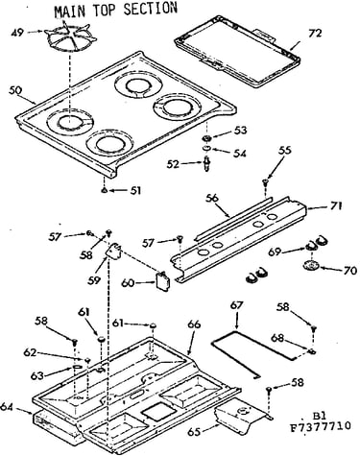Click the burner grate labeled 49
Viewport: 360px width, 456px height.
70,38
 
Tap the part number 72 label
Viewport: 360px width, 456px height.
315,34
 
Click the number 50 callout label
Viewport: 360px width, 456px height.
15,90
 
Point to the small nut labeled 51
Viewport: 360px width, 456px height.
105,191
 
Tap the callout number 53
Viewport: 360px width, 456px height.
240,131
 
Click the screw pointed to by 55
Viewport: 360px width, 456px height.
265,183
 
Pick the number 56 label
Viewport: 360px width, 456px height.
212,199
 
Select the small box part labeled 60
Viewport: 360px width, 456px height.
162,281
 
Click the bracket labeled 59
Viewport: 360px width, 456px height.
113,250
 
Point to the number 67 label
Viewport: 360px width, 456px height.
237,305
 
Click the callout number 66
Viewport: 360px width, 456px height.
194,324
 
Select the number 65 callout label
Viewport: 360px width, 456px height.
194,432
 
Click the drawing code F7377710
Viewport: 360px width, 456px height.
321,427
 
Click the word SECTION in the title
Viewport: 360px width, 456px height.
150,9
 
